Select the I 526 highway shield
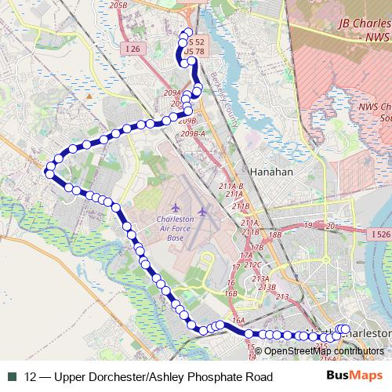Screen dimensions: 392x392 tap(379, 234)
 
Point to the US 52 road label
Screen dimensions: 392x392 tap(195, 42)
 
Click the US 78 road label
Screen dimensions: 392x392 tap(194, 52)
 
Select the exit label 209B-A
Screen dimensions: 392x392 tap(192, 134)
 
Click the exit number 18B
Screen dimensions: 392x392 tap(274, 234)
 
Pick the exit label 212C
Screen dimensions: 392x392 tap(252, 264)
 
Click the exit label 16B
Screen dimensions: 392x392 tap(230, 293)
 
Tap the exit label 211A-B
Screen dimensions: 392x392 tap(231, 186)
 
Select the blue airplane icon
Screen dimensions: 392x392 tap(202, 212)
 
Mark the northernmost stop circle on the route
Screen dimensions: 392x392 tap(187, 33)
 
